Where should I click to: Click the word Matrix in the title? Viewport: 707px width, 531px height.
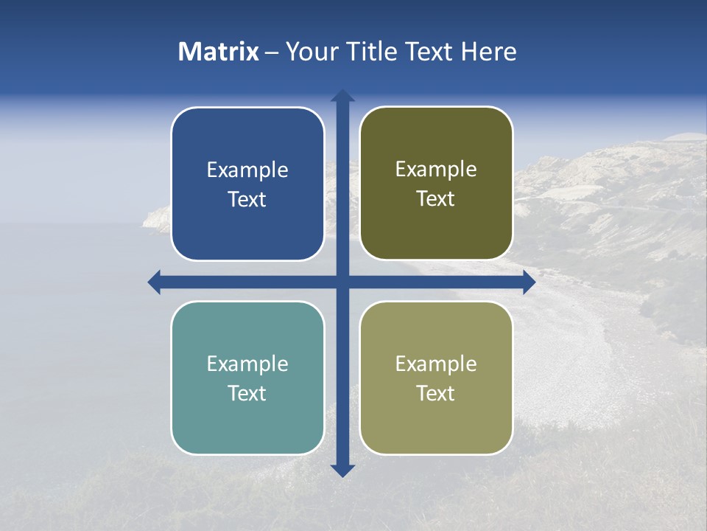point(219,52)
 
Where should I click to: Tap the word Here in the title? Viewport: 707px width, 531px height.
point(489,52)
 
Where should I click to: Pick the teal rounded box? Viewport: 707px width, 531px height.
point(247,420)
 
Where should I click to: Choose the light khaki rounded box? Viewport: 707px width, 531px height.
point(436,420)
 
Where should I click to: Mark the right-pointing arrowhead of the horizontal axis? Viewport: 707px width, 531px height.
point(529,282)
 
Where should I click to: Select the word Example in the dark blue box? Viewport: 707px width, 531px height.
point(247,170)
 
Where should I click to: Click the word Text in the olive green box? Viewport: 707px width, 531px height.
point(436,199)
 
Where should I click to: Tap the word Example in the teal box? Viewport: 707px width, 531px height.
point(247,364)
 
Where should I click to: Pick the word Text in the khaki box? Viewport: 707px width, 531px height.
point(436,393)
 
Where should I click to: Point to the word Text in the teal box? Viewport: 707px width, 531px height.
point(247,393)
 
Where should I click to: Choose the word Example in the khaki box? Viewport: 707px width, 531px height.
point(436,364)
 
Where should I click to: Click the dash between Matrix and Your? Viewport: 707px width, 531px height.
point(272,53)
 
